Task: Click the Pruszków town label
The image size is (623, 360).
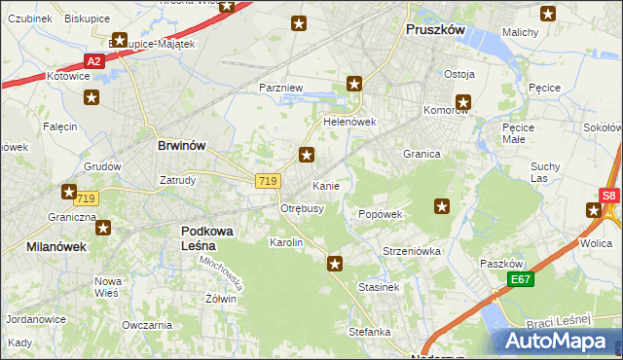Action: coord(435,30)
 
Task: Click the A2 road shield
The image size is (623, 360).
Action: coord(93,60)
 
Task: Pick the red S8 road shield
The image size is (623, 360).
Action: coord(608,196)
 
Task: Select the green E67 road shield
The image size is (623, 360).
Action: coord(522,278)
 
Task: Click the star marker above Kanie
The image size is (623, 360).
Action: coord(307,155)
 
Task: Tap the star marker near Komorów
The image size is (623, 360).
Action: coord(463,100)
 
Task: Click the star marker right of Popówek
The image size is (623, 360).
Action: coord(442,205)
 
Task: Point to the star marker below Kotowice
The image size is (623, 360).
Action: coord(92,97)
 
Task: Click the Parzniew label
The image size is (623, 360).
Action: coord(282,88)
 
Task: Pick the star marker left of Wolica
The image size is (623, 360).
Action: coord(594,210)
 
